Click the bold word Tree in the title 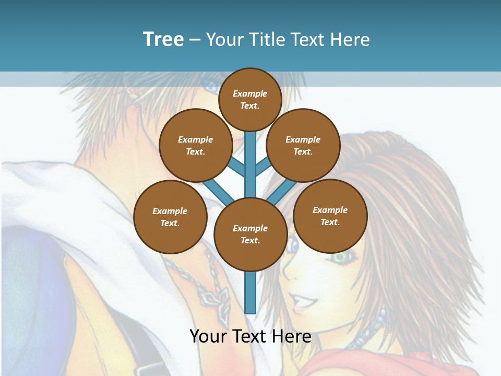[163, 40]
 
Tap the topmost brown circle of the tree [250, 99]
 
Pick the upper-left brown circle [196, 145]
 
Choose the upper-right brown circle [303, 145]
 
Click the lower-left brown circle [170, 217]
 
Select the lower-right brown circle [330, 216]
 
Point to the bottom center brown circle [250, 234]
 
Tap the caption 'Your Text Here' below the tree [250, 336]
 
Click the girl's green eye [342, 257]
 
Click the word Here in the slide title [350, 40]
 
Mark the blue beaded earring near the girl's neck [383, 316]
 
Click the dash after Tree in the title [195, 40]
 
